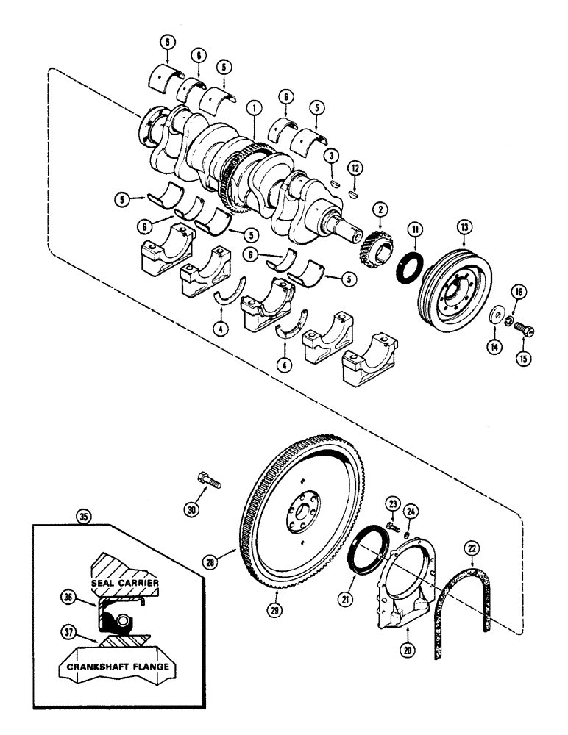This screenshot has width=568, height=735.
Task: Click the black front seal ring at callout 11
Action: (x=405, y=266)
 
